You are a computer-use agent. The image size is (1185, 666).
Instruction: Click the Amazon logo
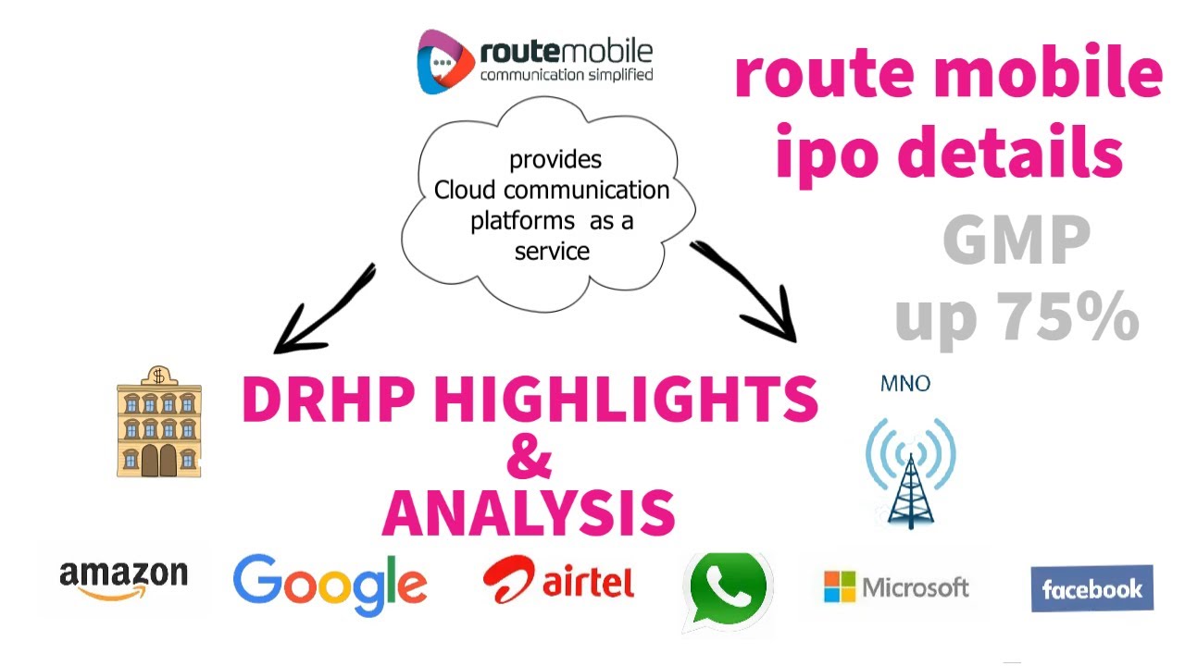pyautogui.click(x=123, y=580)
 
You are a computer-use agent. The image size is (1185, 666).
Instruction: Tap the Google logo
pyautogui.click(x=330, y=585)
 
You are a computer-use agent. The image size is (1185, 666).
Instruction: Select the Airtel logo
pyautogui.click(x=558, y=581)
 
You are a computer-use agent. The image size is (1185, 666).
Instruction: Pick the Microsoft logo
pyautogui.click(x=896, y=586)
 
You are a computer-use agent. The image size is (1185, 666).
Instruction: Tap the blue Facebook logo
pyautogui.click(x=1091, y=589)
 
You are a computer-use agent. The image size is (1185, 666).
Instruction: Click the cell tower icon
pyautogui.click(x=909, y=472)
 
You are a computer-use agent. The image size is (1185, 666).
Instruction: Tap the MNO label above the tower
pyautogui.click(x=905, y=383)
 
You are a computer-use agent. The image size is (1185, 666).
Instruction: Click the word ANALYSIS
pyautogui.click(x=529, y=512)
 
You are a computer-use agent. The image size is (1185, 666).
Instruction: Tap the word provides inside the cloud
pyautogui.click(x=555, y=159)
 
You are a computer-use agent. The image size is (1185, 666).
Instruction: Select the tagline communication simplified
pyautogui.click(x=566, y=75)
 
